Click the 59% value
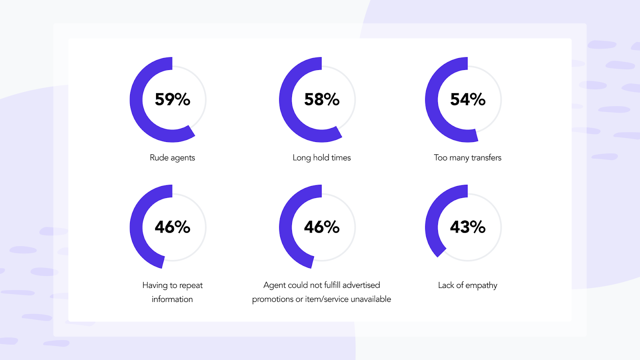pyautogui.click(x=172, y=99)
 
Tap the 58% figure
pyautogui.click(x=322, y=99)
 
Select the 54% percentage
pyautogui.click(x=468, y=99)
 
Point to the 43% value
pyautogui.click(x=468, y=227)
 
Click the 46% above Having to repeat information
pyautogui.click(x=172, y=227)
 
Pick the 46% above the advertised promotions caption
pyautogui.click(x=322, y=227)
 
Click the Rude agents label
pyautogui.click(x=172, y=158)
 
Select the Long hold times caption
pyautogui.click(x=322, y=158)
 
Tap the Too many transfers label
pyautogui.click(x=468, y=158)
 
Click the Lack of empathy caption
pyautogui.click(x=468, y=285)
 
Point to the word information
pyautogui.click(x=172, y=299)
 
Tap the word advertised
pyautogui.click(x=361, y=285)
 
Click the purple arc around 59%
pyautogui.click(x=136, y=100)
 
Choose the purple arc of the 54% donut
pyautogui.click(x=432, y=100)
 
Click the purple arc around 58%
pyautogui.click(x=286, y=100)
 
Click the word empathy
pyautogui.click(x=481, y=286)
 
